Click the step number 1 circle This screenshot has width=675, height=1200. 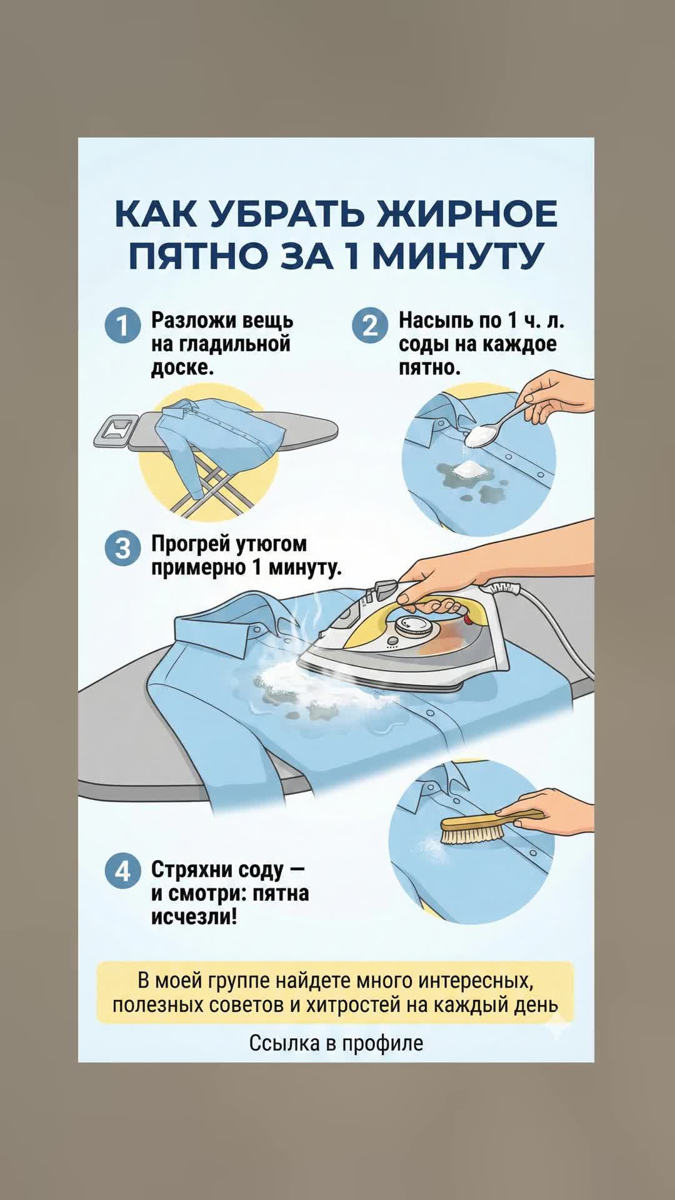[122, 326]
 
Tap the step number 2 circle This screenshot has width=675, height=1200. [370, 326]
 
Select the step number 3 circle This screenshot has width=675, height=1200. [122, 548]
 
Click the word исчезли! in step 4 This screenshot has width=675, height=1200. [194, 917]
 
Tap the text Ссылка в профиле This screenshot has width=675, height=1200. [336, 1043]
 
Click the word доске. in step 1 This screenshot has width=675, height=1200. [182, 367]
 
